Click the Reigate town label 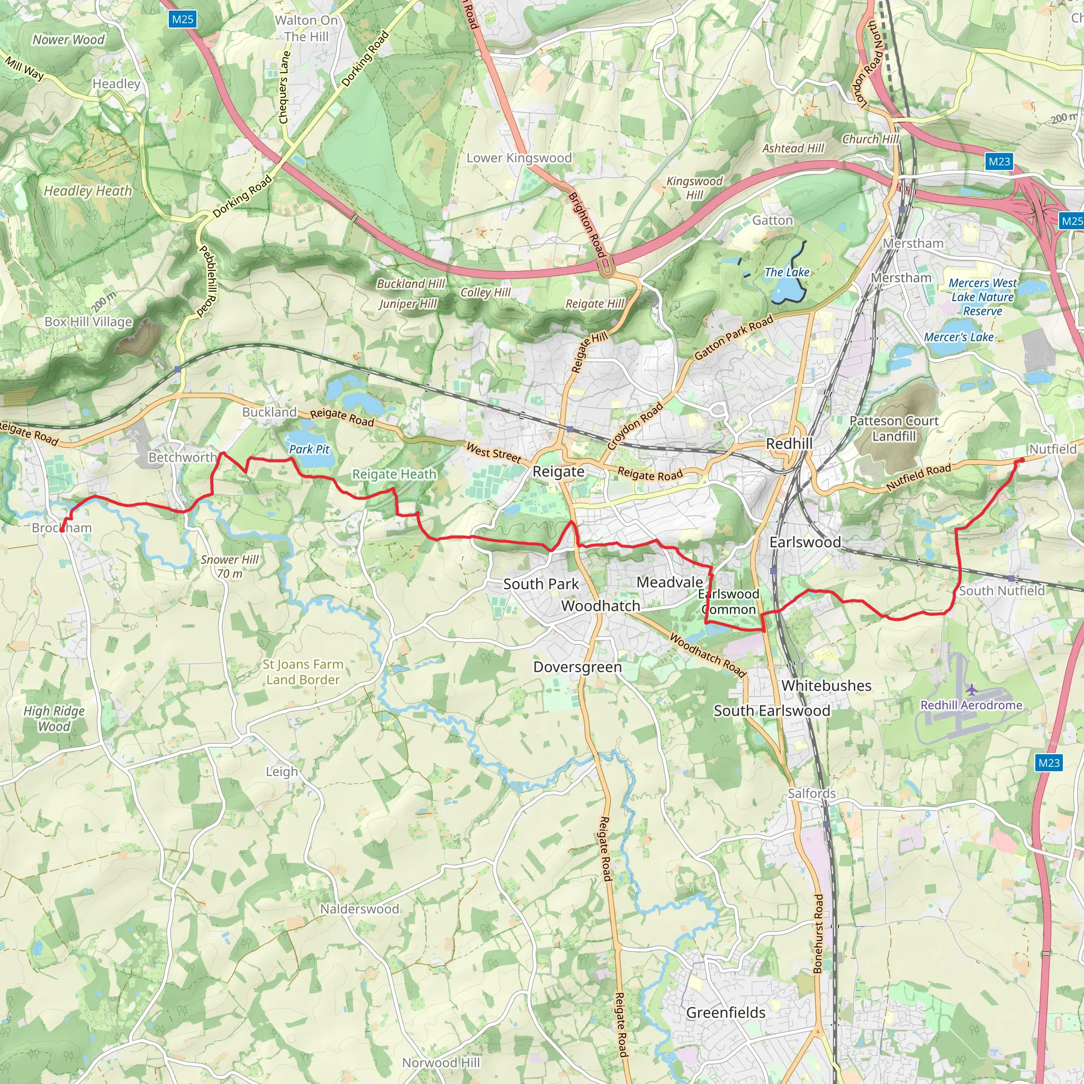558,472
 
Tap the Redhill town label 789,444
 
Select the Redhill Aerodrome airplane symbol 972,689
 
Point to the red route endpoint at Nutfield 1022,460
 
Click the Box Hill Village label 88,322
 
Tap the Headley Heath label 88,191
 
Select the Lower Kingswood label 519,158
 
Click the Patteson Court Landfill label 894,429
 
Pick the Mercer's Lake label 959,337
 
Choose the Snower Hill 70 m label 230,566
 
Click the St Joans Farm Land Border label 303,672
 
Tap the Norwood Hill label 441,1063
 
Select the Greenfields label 726,1013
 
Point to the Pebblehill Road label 207,281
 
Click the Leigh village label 282,772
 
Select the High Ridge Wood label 54,719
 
